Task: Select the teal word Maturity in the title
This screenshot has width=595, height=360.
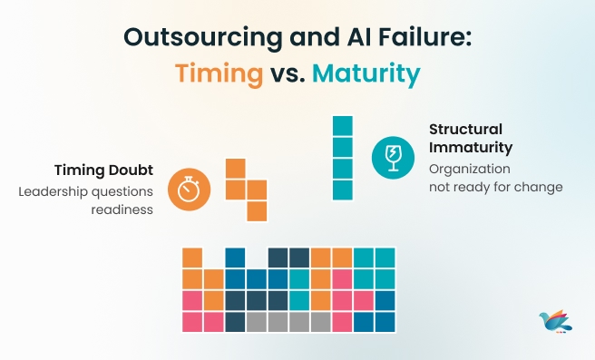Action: click(x=366, y=74)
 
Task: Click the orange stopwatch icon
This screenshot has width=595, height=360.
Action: click(x=190, y=189)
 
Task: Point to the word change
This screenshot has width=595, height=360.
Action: click(x=540, y=188)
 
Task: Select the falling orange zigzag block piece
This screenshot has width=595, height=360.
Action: click(x=246, y=190)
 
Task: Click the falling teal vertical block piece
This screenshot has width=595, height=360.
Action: click(x=342, y=158)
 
